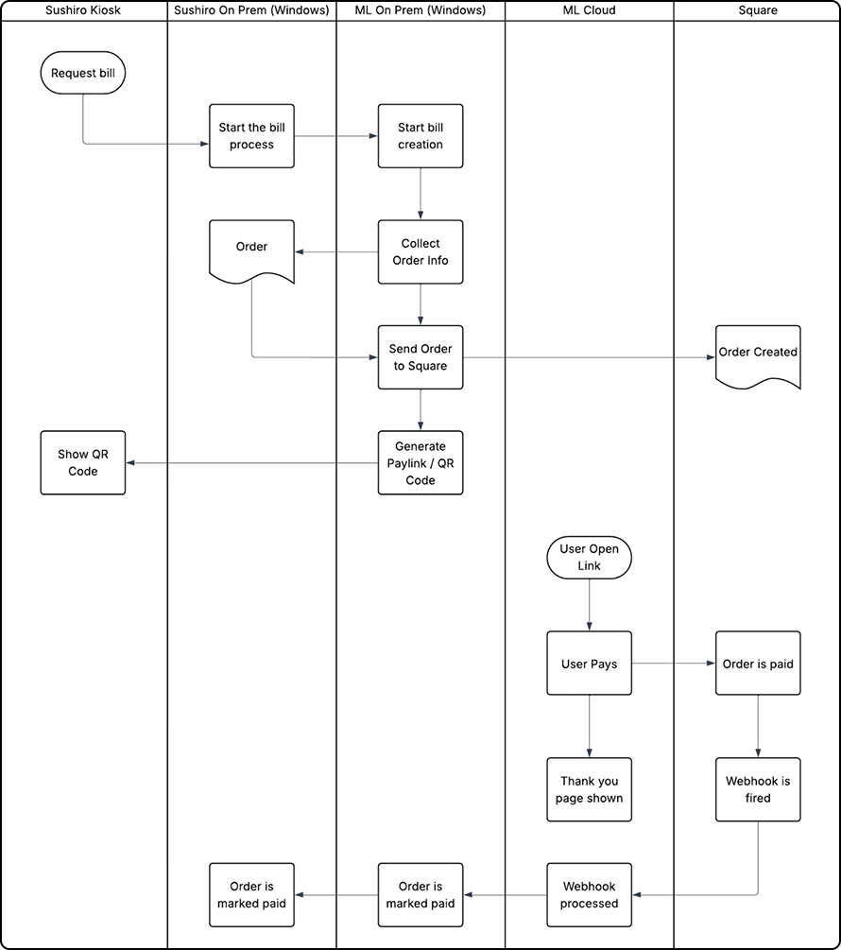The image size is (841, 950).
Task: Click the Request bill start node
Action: [x=83, y=73]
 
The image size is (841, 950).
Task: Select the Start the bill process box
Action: [x=251, y=136]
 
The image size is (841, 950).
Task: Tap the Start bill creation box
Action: [x=420, y=136]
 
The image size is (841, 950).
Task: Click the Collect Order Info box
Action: [x=420, y=251]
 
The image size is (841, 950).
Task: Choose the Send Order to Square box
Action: [x=420, y=357]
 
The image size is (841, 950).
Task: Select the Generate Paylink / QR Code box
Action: [x=420, y=463]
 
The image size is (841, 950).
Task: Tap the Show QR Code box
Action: [x=83, y=463]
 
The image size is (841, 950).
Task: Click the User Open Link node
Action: [x=590, y=558]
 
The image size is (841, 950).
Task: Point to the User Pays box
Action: [x=590, y=664]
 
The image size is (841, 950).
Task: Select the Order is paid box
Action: [x=758, y=664]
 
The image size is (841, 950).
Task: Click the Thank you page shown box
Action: [x=590, y=789]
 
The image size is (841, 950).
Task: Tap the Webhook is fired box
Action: [x=758, y=789]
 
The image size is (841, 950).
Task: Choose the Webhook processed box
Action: [x=590, y=894]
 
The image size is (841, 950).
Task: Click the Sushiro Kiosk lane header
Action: [x=83, y=9]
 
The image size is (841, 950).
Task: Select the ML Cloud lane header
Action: [x=590, y=9]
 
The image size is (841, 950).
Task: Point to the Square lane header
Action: [x=758, y=9]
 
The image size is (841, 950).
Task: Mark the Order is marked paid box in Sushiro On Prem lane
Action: [x=251, y=894]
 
